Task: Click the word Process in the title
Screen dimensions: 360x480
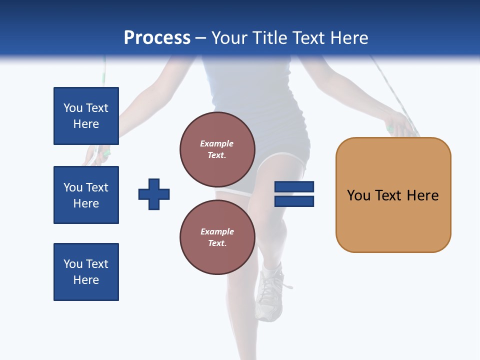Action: coord(157,38)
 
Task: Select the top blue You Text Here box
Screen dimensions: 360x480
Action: coord(86,116)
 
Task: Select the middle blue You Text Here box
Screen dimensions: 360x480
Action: coord(86,195)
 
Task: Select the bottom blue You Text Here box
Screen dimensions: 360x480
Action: coord(86,272)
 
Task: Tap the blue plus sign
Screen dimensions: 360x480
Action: coord(154,194)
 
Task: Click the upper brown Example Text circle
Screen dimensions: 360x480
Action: coord(217,149)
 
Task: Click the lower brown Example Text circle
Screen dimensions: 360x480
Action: coord(217,237)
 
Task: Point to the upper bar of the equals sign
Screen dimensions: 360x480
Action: coord(294,186)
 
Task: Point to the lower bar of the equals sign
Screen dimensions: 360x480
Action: coord(294,201)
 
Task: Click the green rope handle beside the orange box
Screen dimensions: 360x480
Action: coord(390,129)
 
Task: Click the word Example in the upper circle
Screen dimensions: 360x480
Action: coord(217,143)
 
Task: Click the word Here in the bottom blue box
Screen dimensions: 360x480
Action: coord(86,280)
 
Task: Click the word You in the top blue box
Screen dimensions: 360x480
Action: coord(73,108)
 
